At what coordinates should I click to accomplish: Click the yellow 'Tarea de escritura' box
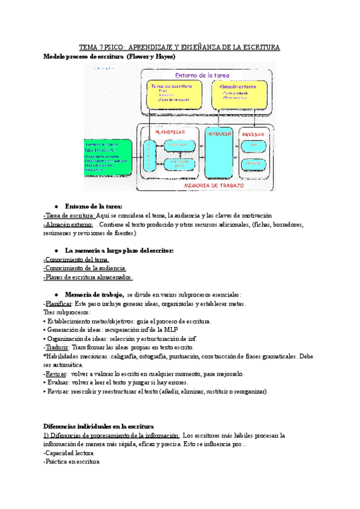170,93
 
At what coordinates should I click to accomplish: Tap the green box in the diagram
109,158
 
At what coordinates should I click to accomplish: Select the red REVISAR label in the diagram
253,135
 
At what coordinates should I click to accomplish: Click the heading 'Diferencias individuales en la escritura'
99,426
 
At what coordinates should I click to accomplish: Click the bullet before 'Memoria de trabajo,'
56,295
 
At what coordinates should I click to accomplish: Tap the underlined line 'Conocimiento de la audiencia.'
85,268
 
